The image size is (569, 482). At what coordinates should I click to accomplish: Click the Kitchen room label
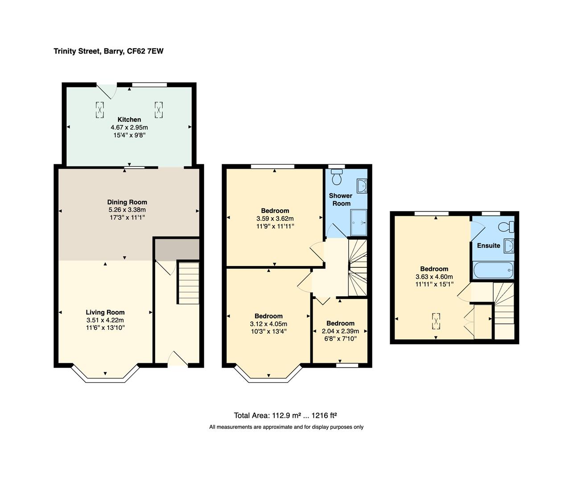129,120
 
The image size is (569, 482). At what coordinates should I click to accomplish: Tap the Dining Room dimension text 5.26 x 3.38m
127,210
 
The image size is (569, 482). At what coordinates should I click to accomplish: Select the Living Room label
105,312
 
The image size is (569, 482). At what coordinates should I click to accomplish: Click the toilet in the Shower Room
337,177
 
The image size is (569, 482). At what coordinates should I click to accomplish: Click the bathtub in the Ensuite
493,270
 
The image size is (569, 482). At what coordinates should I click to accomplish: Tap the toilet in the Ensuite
507,227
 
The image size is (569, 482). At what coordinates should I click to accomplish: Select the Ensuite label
488,245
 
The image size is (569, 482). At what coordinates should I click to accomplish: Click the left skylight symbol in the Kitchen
99,110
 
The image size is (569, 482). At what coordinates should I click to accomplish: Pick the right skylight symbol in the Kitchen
159,110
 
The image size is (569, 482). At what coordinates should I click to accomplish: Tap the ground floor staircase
188,283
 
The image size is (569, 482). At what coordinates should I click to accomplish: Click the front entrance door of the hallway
178,359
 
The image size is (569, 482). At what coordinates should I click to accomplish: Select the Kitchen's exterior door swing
107,91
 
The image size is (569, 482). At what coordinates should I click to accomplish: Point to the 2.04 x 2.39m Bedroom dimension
340,331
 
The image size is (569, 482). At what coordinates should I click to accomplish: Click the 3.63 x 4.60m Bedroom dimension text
434,277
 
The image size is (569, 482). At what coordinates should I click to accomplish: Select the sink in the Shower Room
362,185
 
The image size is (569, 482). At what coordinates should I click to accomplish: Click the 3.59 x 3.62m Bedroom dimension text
275,219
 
